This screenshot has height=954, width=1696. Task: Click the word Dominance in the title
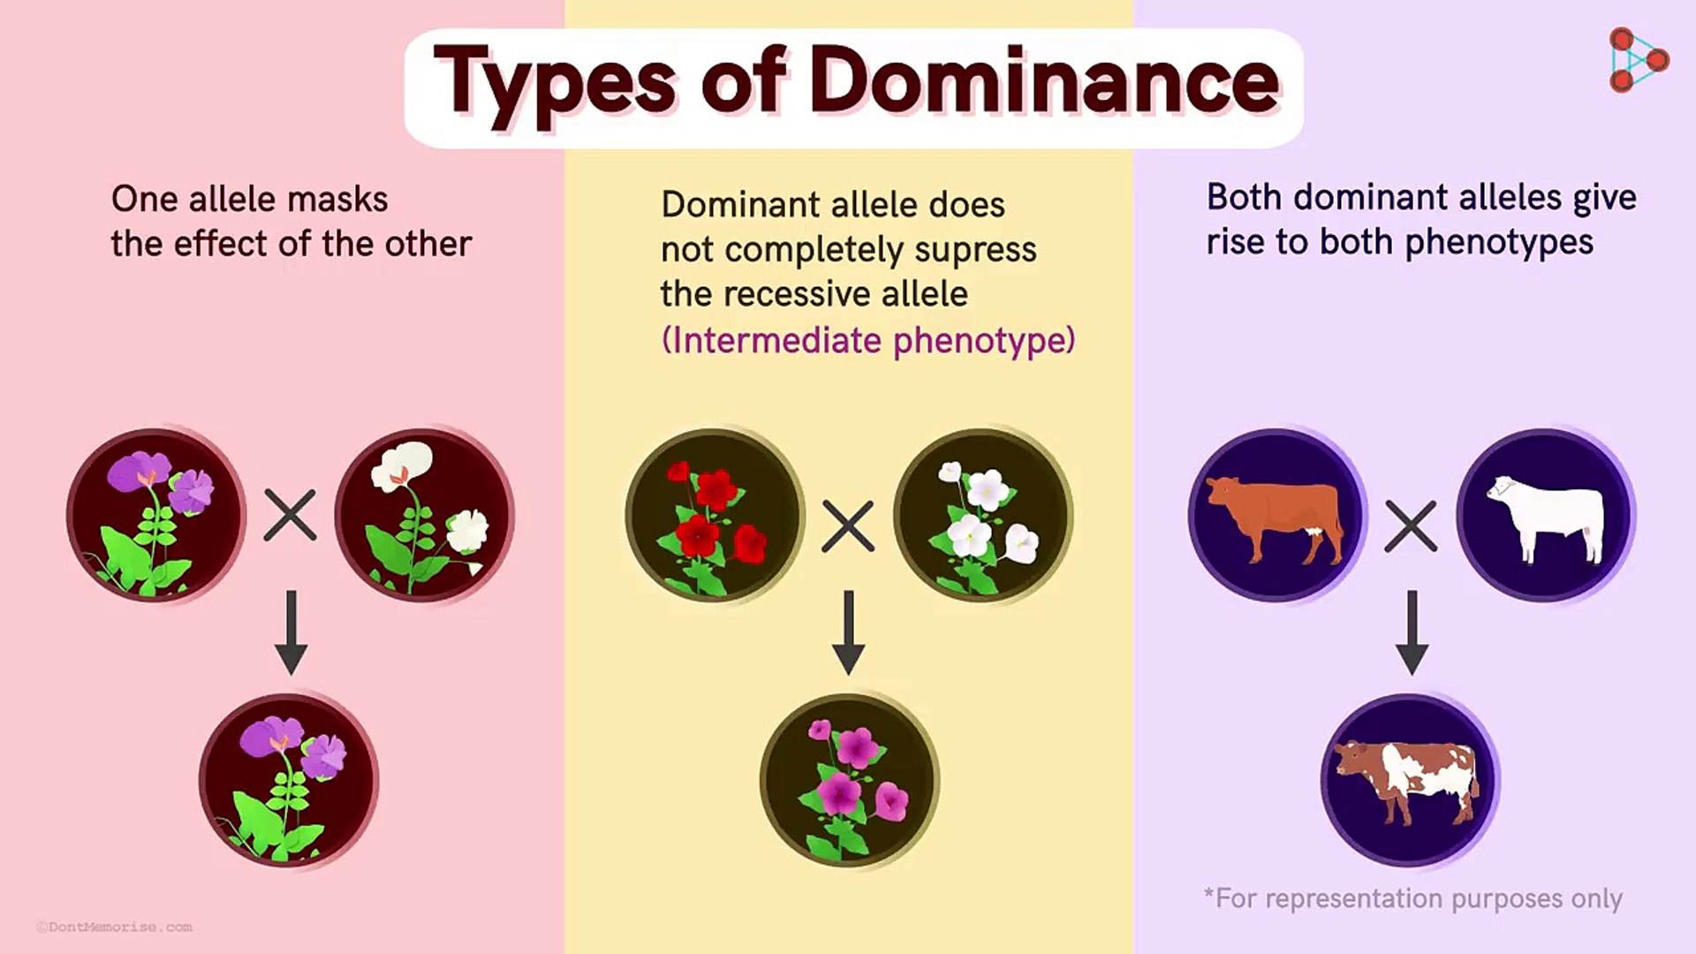tap(1044, 82)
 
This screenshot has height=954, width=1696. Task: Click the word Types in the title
tap(555, 82)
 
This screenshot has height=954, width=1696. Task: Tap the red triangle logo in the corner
tap(1637, 60)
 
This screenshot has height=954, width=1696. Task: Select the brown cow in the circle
tap(1276, 516)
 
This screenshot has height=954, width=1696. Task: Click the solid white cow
tap(1546, 516)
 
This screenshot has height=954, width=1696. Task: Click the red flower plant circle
tap(714, 516)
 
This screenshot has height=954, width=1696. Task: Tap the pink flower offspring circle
tap(848, 781)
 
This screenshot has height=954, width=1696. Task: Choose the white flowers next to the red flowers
tap(982, 516)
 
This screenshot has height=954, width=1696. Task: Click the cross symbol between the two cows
tap(1411, 526)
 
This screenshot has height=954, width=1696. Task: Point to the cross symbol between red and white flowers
tap(848, 526)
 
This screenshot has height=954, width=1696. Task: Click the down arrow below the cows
tap(1412, 632)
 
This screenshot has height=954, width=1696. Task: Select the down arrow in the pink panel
tap(291, 632)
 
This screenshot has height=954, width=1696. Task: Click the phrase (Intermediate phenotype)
tap(868, 341)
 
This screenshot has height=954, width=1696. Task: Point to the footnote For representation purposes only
tap(1413, 898)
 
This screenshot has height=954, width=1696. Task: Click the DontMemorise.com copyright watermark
tap(115, 927)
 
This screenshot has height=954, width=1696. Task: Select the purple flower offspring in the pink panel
tap(288, 781)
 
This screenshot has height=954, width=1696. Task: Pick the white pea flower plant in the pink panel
tap(424, 516)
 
